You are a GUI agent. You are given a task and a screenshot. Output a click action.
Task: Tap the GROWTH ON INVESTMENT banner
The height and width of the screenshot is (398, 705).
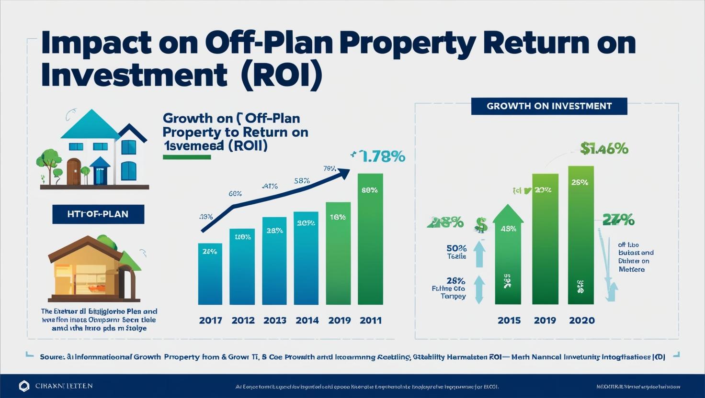point(549,106)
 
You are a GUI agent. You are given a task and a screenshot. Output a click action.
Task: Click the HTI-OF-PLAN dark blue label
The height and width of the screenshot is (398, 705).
point(98,214)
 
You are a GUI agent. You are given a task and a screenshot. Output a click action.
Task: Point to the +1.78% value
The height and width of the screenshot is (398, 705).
point(378,156)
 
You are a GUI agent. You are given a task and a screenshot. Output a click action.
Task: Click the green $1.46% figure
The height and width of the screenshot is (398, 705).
point(604,149)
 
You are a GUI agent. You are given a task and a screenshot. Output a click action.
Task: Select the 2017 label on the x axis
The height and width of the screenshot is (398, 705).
point(210,321)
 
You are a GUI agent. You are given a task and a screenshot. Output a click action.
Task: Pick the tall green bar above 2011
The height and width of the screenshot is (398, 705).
point(370,239)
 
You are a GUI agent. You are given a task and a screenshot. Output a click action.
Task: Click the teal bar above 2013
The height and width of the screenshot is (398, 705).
point(274,261)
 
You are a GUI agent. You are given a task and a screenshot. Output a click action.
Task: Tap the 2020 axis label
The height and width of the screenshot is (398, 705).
point(581,321)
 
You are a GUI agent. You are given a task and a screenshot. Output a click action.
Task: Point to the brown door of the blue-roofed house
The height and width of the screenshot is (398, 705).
point(73,172)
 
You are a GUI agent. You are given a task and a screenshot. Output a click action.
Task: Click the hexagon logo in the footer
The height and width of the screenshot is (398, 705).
point(24,386)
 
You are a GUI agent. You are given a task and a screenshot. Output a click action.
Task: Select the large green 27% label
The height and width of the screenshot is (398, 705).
point(618,221)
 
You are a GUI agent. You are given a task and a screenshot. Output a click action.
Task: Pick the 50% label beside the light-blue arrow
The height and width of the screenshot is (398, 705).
point(456,248)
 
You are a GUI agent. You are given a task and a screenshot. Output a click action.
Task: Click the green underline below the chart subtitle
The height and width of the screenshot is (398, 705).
point(187,157)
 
